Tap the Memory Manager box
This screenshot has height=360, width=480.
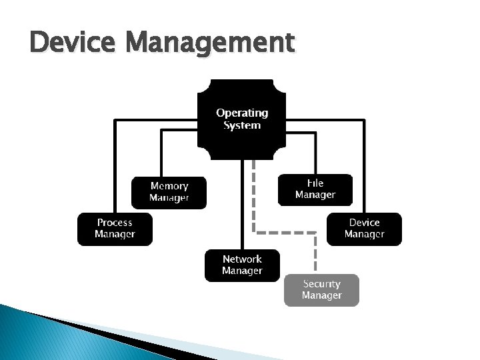[x=169, y=192]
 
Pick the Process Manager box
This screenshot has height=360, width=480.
[x=115, y=229]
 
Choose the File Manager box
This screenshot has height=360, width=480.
[x=315, y=189]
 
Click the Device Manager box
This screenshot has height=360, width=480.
[x=364, y=229]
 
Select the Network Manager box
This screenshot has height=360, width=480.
[x=242, y=265]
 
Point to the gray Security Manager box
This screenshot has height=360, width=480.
[x=321, y=290]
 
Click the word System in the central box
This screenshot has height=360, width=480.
[x=242, y=125]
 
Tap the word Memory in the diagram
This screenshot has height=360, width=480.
[x=169, y=186]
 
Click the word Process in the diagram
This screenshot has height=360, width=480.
[x=115, y=223]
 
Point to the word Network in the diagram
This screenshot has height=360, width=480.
[x=242, y=259]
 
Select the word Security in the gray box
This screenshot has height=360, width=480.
[x=321, y=284]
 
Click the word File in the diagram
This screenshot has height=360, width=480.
[x=315, y=183]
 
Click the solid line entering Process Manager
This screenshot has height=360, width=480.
[x=115, y=167]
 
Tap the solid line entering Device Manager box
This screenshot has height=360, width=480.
[x=365, y=167]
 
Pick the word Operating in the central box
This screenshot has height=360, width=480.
[x=242, y=113]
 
